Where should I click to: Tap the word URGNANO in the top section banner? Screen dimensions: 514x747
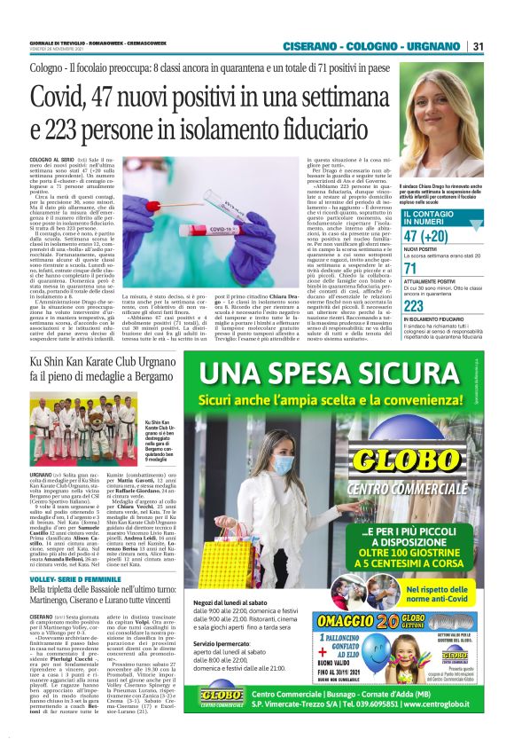point(435,46)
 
